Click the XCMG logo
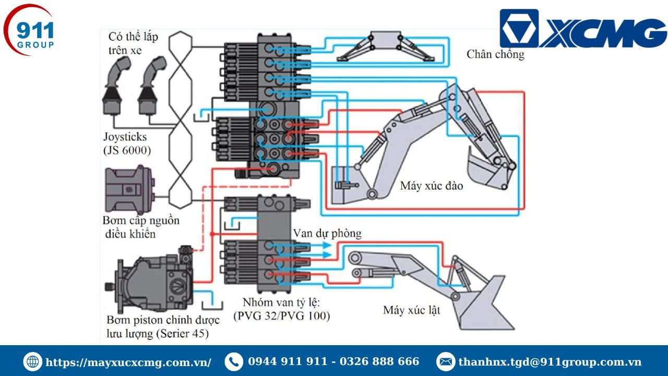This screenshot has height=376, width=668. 582,29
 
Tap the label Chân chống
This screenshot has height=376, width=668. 495,54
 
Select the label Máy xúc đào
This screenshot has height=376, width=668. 431,185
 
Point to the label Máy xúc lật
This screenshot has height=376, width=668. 411,310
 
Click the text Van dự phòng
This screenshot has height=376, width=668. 327,233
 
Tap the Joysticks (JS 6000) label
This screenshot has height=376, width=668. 127,144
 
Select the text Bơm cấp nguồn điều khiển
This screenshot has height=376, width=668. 141,227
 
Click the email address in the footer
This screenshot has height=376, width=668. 550,362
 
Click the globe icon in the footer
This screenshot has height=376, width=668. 32,362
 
